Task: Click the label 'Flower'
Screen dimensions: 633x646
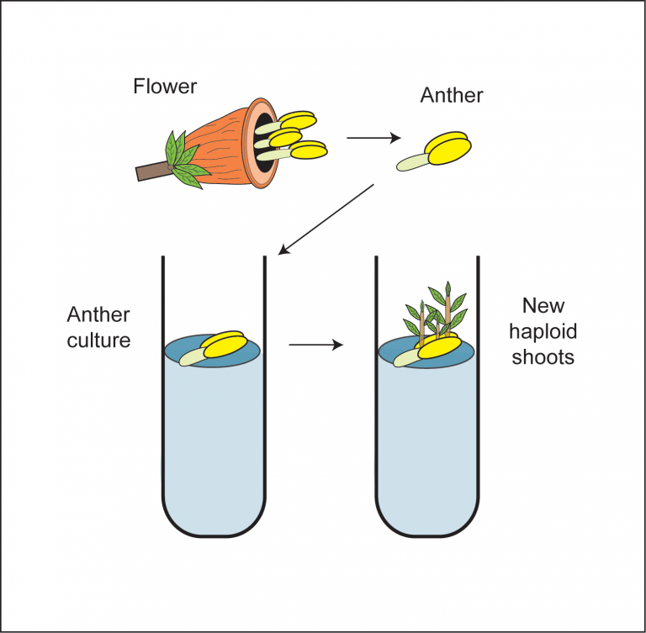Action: coord(165,86)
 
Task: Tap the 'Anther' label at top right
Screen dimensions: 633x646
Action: coord(452,95)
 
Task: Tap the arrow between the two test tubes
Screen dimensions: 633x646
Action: coord(315,344)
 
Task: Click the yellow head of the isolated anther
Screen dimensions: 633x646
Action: coord(449,149)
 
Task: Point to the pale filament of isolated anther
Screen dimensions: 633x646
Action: coord(411,162)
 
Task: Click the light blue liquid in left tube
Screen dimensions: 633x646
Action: coord(214,446)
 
